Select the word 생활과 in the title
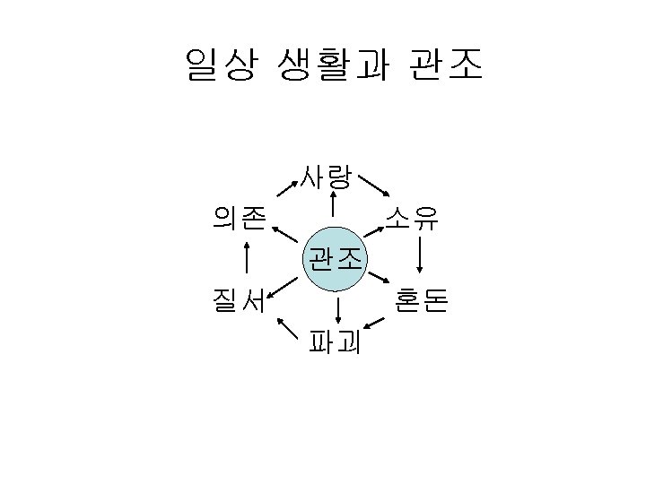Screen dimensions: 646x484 click(x=334, y=65)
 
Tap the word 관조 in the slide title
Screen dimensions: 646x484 click(x=446, y=65)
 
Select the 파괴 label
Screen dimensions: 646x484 click(x=334, y=342)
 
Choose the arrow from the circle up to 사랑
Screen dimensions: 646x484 click(x=334, y=205)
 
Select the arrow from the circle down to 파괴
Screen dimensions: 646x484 click(x=338, y=310)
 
